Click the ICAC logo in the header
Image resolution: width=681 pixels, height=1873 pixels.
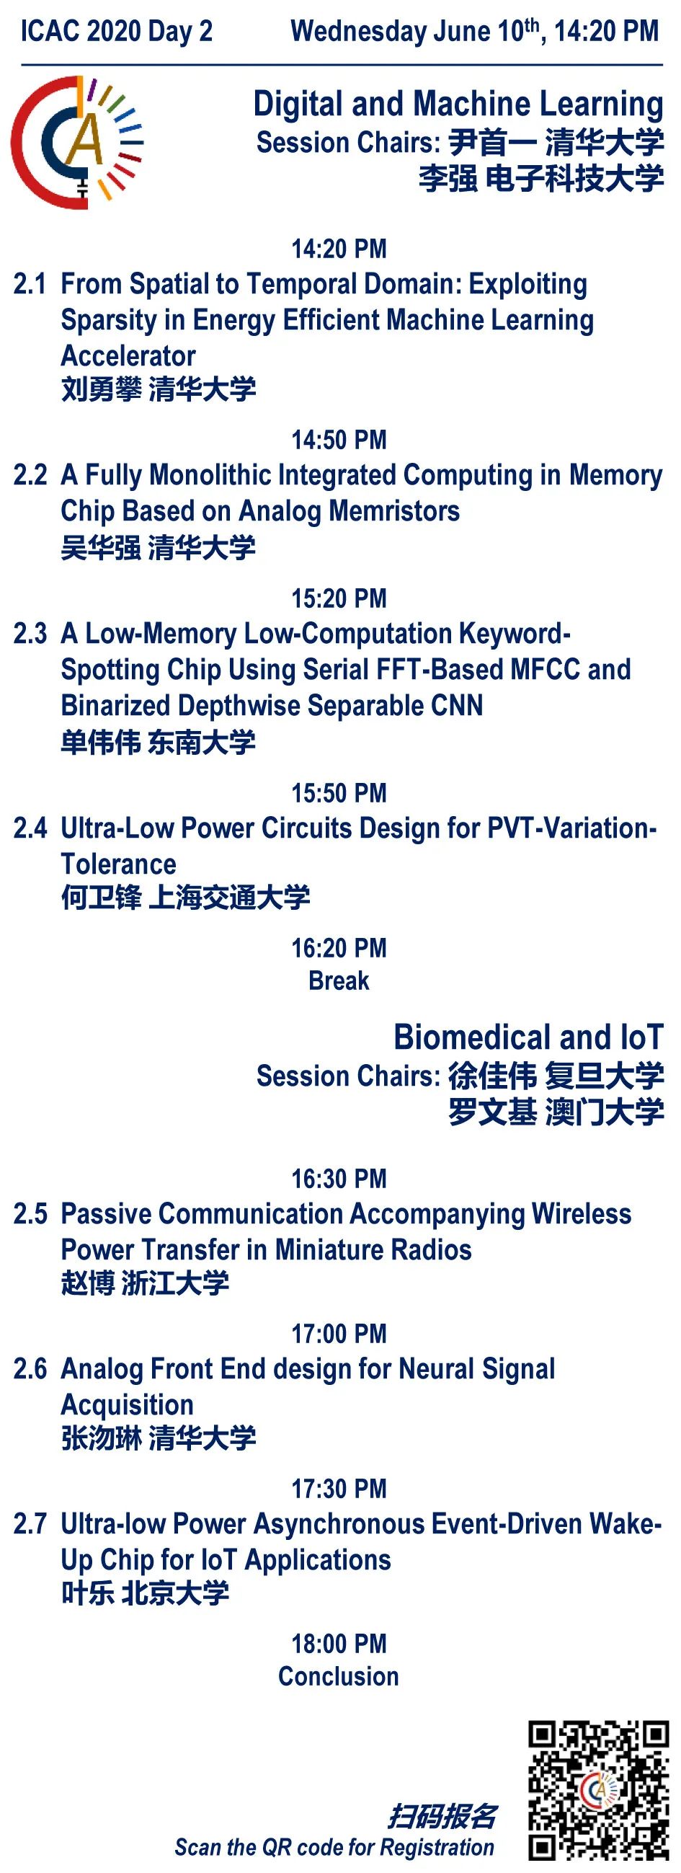76,143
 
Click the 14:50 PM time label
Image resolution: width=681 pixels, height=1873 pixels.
339,440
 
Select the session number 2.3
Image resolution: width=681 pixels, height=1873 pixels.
30,633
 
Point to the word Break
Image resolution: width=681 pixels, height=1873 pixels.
339,981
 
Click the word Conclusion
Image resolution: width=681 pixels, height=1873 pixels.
339,1676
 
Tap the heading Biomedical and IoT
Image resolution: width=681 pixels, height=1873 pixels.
528,1037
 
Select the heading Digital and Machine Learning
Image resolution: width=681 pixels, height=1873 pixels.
458,104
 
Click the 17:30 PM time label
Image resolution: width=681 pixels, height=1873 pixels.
339,1488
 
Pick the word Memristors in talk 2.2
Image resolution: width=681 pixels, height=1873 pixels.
394,511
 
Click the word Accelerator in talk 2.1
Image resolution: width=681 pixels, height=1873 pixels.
128,356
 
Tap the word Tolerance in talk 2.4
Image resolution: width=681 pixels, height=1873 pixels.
118,864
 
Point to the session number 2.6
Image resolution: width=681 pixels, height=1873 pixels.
30,1369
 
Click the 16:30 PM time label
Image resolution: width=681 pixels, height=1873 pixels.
339,1179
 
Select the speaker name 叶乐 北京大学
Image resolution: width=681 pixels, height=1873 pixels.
146,1593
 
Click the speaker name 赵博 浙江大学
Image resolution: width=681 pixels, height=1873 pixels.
146,1283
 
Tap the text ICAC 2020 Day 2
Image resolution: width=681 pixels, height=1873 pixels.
116,31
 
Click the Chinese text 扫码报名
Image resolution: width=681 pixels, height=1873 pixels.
442,1816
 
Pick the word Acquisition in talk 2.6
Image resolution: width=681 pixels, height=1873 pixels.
127,1406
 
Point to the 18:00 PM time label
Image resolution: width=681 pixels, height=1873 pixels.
339,1643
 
